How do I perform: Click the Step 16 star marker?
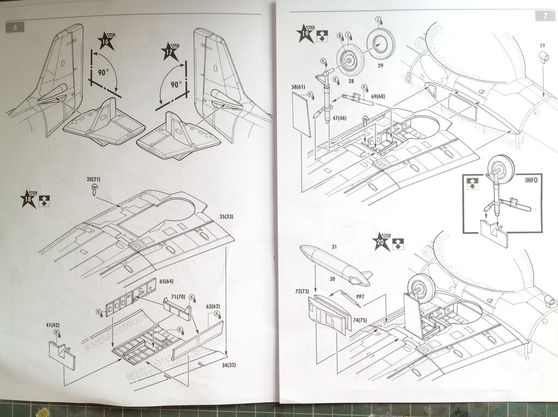[x=106, y=41]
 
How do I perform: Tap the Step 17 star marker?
[x=170, y=52]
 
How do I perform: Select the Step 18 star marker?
[x=28, y=198]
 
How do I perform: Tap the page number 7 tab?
[x=545, y=16]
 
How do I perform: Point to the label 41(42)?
[x=53, y=325]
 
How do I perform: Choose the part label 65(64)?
[x=166, y=281]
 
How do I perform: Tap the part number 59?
[x=542, y=45]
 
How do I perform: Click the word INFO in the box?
[x=532, y=179]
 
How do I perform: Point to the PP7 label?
[x=360, y=297]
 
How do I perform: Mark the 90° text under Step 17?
[x=176, y=84]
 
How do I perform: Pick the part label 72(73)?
[x=302, y=292]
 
